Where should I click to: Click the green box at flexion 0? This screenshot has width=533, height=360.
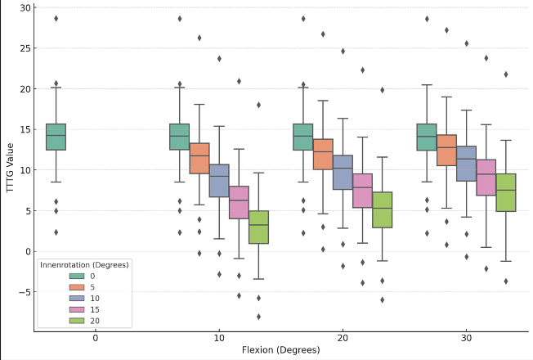pos(56,137)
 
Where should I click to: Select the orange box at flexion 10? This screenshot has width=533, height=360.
pos(199,158)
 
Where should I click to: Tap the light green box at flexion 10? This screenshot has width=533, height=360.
pos(258,227)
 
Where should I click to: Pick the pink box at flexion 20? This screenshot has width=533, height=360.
pos(363,191)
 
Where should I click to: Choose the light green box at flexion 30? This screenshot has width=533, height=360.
pos(506,192)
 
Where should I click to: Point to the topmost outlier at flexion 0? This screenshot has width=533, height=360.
pos(56,18)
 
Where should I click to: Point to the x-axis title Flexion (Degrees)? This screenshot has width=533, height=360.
pos(280,350)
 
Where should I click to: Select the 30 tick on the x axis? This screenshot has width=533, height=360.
pos(467,337)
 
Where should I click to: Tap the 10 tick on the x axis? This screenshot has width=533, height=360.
pos(219,337)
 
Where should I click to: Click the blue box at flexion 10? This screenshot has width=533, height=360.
pos(219,181)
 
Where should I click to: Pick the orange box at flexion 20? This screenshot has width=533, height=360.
pos(323,154)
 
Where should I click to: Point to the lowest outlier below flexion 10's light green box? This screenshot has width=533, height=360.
pos(258,317)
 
